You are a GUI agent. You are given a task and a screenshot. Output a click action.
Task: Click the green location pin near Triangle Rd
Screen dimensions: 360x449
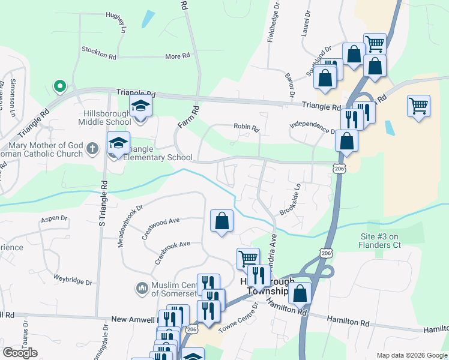tap(59, 86)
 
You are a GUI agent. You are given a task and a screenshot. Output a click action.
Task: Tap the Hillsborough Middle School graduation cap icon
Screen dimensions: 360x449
tap(141, 106)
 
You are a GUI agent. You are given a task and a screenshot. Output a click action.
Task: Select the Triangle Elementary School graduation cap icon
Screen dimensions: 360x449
tap(118, 143)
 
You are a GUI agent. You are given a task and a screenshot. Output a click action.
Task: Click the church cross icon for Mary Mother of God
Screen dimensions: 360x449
tap(92, 148)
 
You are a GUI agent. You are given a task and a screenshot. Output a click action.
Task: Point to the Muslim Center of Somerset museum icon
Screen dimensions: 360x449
tap(142, 289)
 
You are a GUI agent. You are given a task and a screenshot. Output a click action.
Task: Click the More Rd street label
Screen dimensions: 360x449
tap(177, 56)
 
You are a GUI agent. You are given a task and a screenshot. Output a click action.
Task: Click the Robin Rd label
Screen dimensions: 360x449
tap(246, 128)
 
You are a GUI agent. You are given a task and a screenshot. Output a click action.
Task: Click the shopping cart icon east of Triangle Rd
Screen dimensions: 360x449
tap(418, 106)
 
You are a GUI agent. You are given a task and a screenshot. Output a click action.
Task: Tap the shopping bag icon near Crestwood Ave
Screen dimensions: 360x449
tap(221, 221)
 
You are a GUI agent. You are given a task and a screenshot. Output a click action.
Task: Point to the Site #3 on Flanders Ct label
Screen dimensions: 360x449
tap(387, 241)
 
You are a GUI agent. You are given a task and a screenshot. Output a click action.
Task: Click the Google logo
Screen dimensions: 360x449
tap(20, 353)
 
